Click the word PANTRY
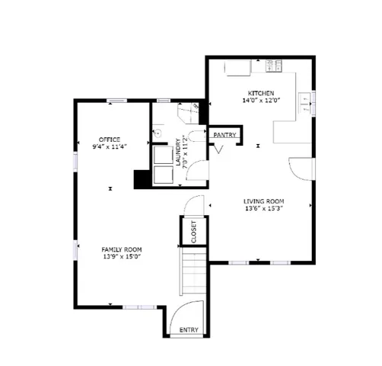tap(224, 135)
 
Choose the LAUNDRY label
tap(177, 152)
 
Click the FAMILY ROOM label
tap(122, 249)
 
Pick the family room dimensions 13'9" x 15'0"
tap(122, 257)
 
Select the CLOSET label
tap(193, 230)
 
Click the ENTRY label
tap(189, 330)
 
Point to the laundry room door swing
tap(197, 171)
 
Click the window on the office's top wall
tap(116, 101)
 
